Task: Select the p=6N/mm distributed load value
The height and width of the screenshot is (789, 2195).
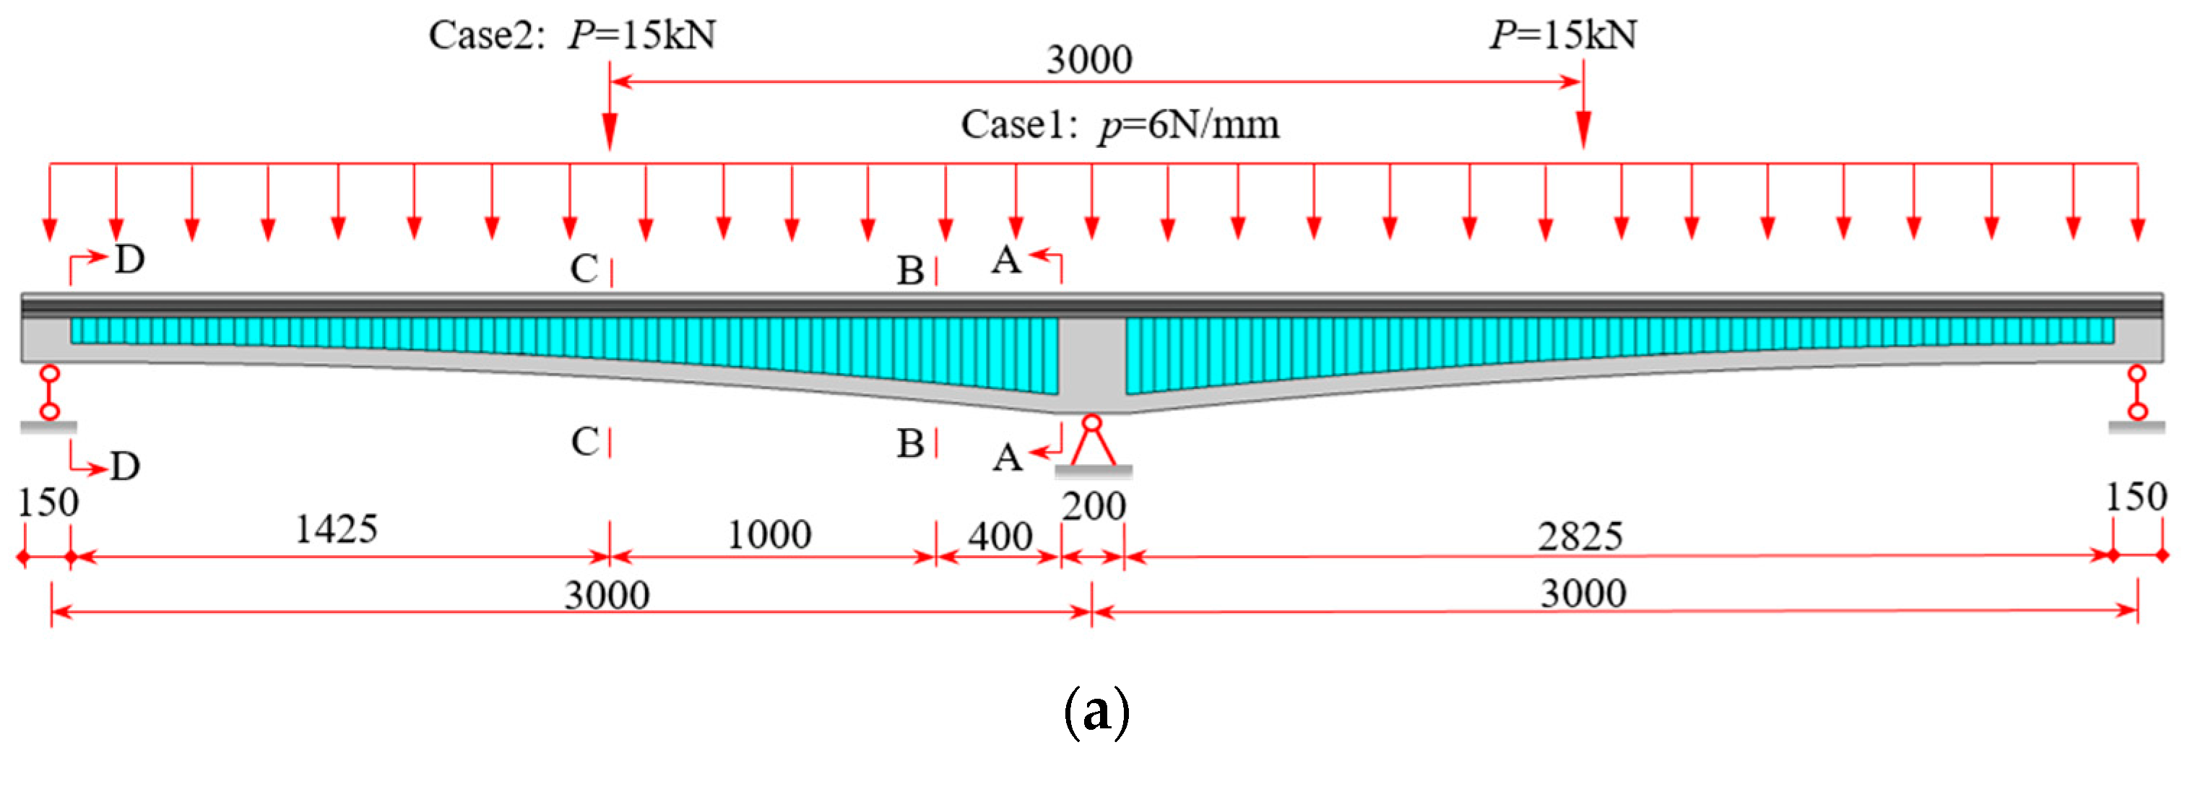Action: tap(1189, 126)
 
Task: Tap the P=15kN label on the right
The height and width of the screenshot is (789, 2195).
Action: tap(1563, 36)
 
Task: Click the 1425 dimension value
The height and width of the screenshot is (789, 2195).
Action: tap(336, 529)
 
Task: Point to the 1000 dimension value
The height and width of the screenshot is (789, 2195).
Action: tap(769, 535)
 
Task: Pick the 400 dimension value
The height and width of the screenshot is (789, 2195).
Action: tap(1000, 537)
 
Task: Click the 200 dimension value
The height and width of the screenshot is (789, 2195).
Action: tap(1094, 507)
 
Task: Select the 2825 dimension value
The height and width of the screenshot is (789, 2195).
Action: tap(1580, 537)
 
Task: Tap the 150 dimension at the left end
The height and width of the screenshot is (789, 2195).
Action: tap(48, 502)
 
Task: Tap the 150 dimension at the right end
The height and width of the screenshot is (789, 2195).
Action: tap(2135, 497)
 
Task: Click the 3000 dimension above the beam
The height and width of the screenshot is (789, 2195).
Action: tap(1089, 60)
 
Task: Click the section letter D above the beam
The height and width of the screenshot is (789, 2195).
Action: tap(129, 260)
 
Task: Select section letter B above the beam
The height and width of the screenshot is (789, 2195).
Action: tap(910, 271)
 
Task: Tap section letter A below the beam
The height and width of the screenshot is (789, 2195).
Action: tap(1007, 458)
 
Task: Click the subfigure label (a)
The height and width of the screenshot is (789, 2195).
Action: tap(1096, 712)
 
